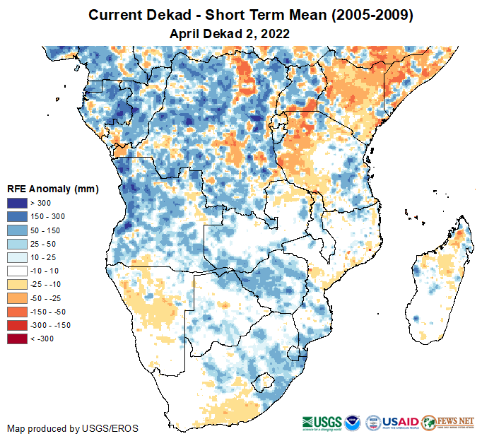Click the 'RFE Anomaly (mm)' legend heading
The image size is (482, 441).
52,189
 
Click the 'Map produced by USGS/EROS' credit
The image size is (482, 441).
73,428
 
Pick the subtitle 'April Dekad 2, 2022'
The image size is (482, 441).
230,33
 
